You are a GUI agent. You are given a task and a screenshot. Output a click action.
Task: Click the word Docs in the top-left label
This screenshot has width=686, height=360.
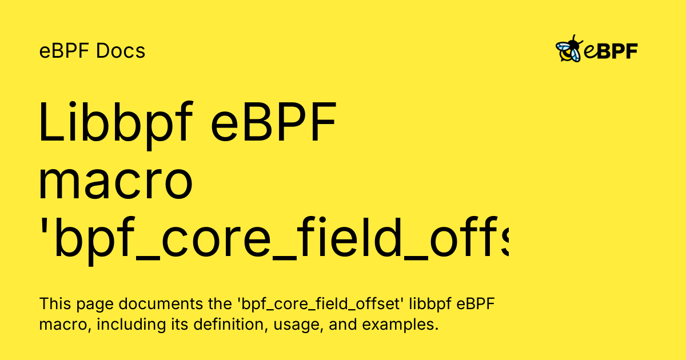[121, 51]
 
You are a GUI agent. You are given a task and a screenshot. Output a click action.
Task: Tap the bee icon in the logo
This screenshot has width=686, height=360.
[569, 49]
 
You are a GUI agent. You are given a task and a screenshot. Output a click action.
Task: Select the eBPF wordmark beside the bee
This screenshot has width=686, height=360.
[611, 51]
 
